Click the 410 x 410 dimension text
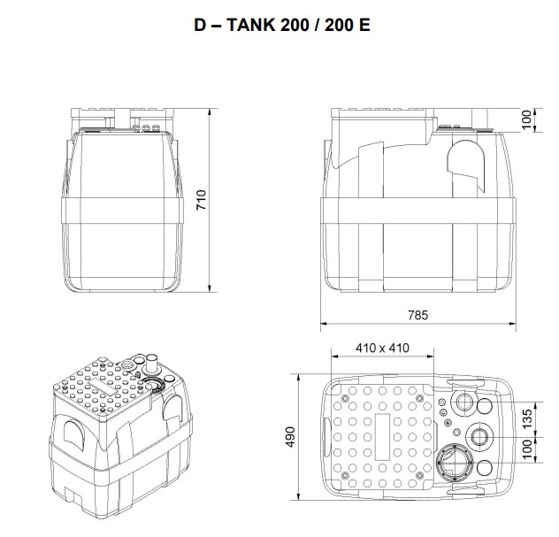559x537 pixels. coord(382,348)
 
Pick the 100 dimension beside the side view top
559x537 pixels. coord(528,119)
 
